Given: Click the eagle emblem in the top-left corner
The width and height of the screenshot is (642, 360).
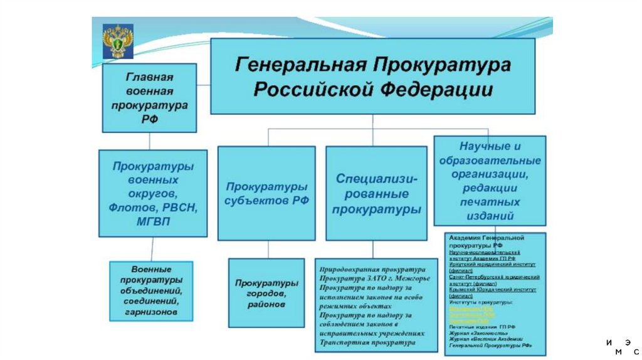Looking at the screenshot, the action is coord(117,41).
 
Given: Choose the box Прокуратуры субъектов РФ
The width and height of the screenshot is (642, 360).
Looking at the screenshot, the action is coord(266,194).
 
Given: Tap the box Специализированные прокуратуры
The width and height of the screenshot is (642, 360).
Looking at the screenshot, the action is coord(372,194).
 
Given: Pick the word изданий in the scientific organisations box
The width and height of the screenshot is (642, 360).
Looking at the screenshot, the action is coord(490,216).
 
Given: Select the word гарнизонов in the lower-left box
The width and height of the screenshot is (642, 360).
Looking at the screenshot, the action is coord(150,311).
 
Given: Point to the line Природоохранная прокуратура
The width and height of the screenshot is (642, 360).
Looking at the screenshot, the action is coord(367,268).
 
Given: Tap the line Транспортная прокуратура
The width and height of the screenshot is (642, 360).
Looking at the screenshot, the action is coord(367,343).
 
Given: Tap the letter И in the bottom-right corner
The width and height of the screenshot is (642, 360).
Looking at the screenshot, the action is coord(609,342).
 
